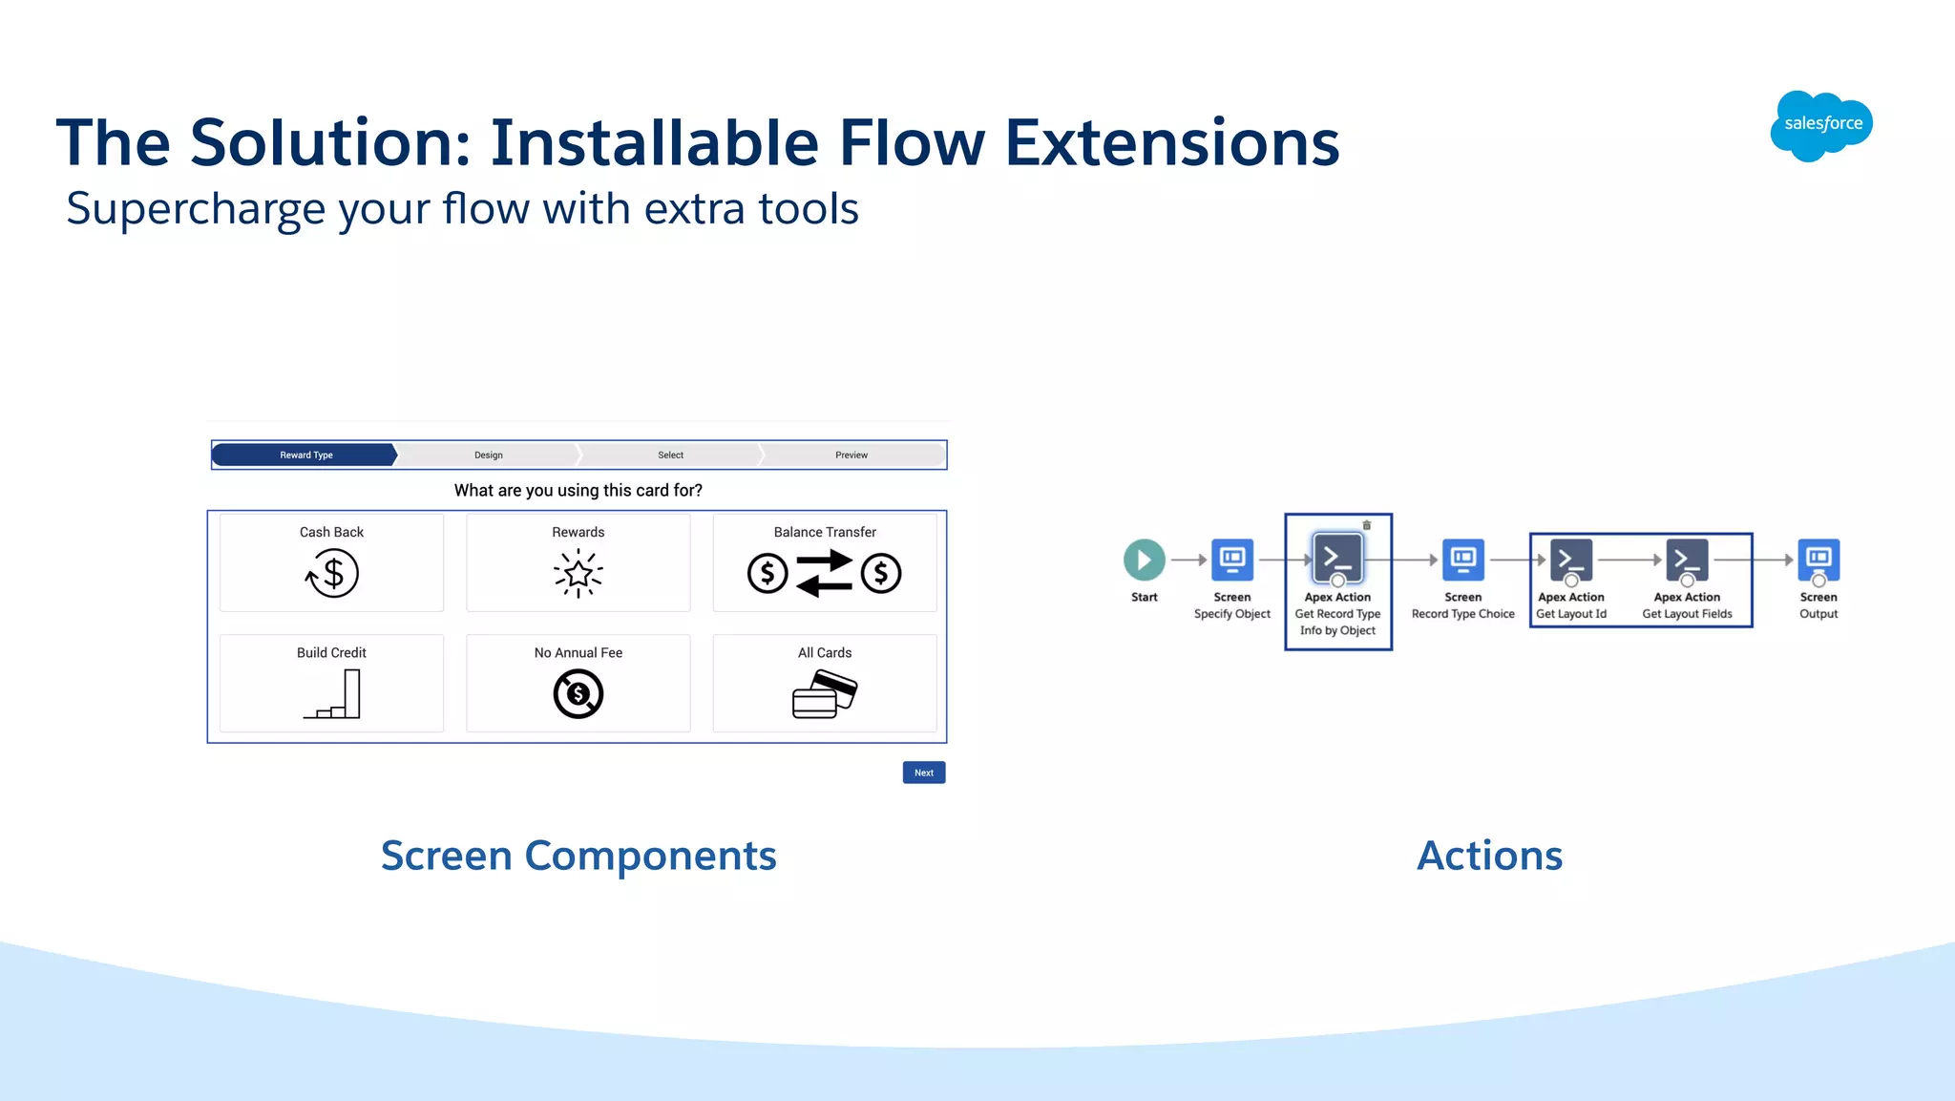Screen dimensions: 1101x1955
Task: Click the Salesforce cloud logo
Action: (1821, 125)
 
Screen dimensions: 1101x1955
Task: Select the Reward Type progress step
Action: (305, 455)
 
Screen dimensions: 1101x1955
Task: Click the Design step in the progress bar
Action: (488, 455)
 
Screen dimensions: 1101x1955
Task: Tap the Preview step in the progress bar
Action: (851, 455)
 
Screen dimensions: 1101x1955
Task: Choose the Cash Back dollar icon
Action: (331, 574)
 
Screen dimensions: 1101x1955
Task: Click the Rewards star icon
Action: (578, 574)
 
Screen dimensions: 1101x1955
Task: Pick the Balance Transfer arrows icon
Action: (824, 574)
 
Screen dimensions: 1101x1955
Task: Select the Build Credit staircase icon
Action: (332, 694)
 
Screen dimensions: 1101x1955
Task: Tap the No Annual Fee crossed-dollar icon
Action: (578, 694)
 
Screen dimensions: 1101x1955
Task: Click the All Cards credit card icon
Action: (824, 694)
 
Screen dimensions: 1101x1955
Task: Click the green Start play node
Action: (1144, 560)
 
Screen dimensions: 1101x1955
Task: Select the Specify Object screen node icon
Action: (1231, 560)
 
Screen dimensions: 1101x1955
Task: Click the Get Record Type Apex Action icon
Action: (1337, 558)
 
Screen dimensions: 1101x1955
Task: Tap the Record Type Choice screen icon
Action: (1462, 560)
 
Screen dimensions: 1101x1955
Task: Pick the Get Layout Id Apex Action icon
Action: (1570, 560)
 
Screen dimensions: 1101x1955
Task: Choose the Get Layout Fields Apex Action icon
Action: (1687, 560)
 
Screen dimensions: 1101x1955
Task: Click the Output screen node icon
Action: (1818, 560)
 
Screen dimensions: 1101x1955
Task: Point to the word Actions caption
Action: (1489, 856)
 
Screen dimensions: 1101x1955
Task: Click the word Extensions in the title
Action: (1171, 143)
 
